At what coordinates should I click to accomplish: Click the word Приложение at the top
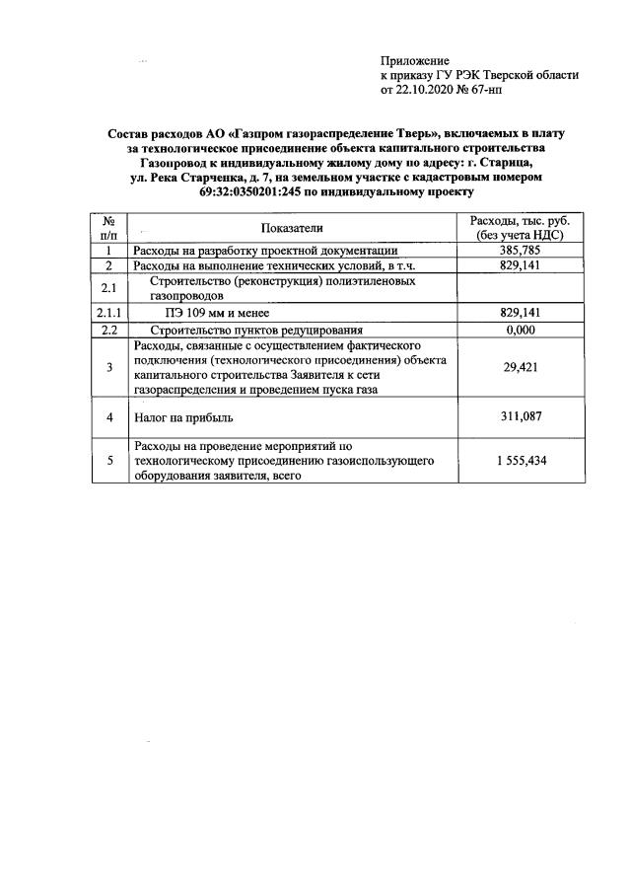click(x=414, y=61)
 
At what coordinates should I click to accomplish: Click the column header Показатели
click(x=292, y=228)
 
